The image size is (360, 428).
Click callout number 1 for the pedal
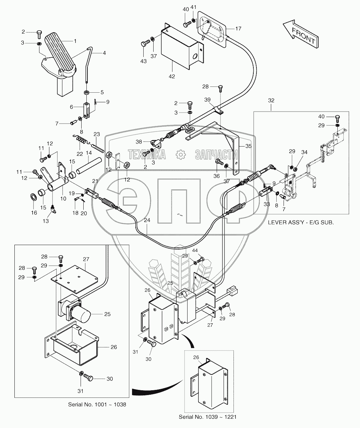click(74, 41)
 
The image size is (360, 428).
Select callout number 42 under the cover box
click(172, 76)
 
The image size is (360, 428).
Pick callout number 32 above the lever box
click(271, 101)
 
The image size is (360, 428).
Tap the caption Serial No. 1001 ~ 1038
click(97, 404)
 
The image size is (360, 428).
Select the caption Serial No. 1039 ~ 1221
click(207, 417)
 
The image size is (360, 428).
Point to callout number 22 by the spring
click(80, 154)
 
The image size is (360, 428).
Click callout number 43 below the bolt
click(143, 61)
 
